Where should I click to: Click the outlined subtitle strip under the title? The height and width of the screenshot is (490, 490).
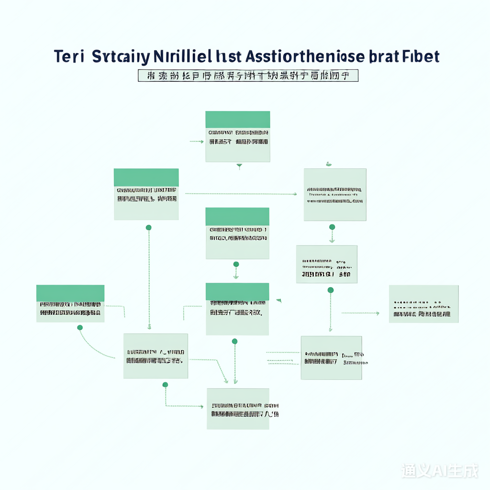coord(248,76)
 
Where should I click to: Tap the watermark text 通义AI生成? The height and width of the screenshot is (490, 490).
coord(440,470)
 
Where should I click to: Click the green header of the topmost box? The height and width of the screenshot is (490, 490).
coord(237,119)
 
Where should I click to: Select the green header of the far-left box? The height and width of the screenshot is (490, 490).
coord(70,293)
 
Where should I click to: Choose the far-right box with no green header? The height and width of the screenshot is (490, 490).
coord(423,304)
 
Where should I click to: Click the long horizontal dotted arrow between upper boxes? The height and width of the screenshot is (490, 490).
coord(241,194)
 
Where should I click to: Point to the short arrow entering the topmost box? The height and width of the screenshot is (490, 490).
coord(197,142)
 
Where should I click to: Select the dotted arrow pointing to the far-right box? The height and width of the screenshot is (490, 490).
coord(360,313)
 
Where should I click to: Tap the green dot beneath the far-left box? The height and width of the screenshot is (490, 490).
coord(80,328)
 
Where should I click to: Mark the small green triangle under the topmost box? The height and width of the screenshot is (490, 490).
coord(239,166)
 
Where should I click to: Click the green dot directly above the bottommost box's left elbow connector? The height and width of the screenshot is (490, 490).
coord(165,385)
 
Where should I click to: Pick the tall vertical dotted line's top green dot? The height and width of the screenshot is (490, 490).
coord(148,227)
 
